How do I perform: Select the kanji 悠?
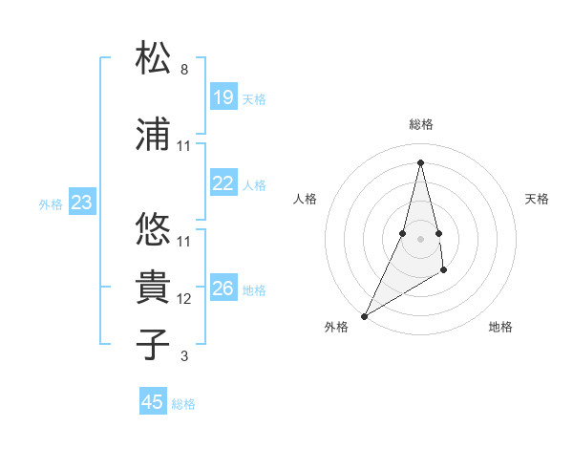(x=154, y=228)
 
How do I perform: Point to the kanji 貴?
(x=154, y=287)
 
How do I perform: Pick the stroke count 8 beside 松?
(x=184, y=71)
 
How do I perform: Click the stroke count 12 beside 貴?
(x=184, y=299)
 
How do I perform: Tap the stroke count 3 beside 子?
(x=184, y=357)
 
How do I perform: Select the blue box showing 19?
(x=223, y=97)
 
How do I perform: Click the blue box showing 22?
(x=223, y=184)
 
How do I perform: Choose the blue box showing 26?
(x=223, y=289)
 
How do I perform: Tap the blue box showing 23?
(x=82, y=203)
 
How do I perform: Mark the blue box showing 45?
(x=153, y=402)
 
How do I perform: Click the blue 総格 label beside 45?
(x=184, y=404)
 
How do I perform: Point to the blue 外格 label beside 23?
(x=51, y=204)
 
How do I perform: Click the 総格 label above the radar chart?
(x=420, y=124)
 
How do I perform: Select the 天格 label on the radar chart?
(x=537, y=199)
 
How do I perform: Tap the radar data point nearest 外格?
(x=364, y=315)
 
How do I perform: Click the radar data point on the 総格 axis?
(x=420, y=161)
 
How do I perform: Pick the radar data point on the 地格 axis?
(x=444, y=271)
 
